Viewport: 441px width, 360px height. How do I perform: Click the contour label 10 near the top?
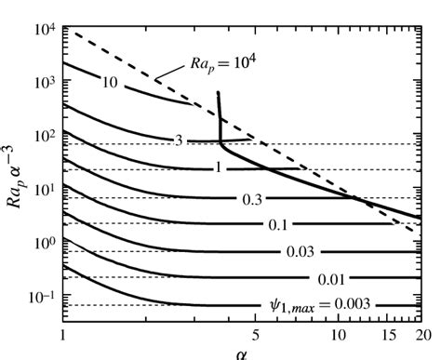pos(109,84)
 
